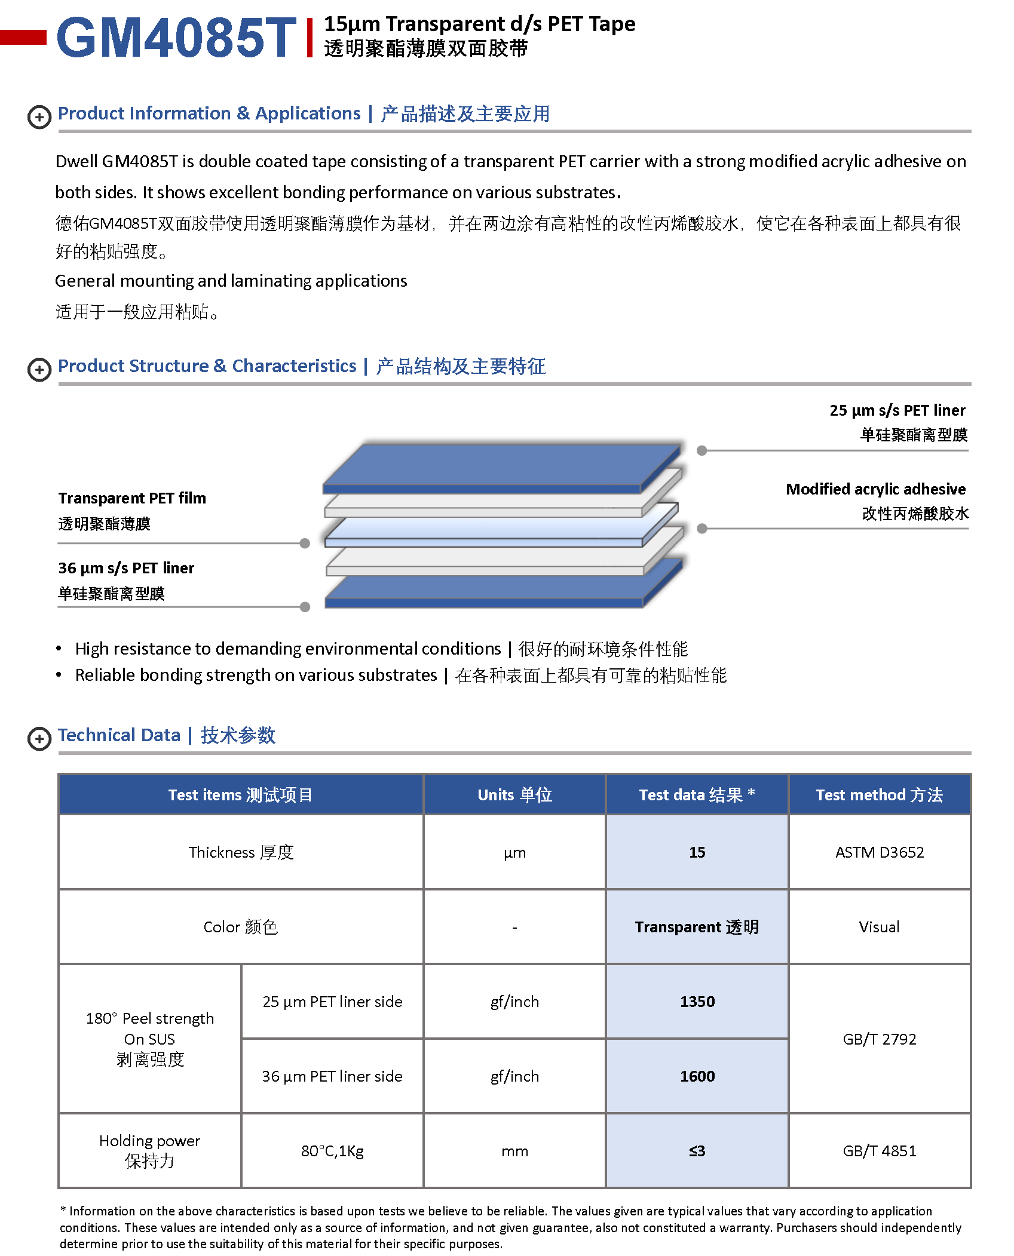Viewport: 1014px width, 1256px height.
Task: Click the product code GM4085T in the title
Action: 176,38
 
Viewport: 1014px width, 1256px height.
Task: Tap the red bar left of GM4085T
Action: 23,37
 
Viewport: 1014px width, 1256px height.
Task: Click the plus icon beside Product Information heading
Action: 39,116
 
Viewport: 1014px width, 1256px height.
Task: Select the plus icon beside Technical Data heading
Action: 39,738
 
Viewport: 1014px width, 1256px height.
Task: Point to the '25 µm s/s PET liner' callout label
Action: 897,410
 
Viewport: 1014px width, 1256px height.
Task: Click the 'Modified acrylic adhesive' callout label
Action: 875,489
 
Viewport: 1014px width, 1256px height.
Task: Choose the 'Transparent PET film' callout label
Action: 132,498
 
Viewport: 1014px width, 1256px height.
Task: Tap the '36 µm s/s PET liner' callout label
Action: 126,568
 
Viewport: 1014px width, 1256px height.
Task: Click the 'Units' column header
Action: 514,795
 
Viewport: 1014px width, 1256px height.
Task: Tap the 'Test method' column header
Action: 879,795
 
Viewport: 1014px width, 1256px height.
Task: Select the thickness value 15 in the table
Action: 697,852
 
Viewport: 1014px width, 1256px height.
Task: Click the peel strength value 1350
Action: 697,1002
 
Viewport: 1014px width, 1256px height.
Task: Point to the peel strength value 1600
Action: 697,1076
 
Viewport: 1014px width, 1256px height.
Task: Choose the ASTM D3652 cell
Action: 879,852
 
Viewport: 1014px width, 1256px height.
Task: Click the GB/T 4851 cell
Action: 879,1151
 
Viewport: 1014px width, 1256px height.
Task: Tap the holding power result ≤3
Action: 697,1151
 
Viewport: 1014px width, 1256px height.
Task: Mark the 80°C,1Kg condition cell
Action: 332,1151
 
